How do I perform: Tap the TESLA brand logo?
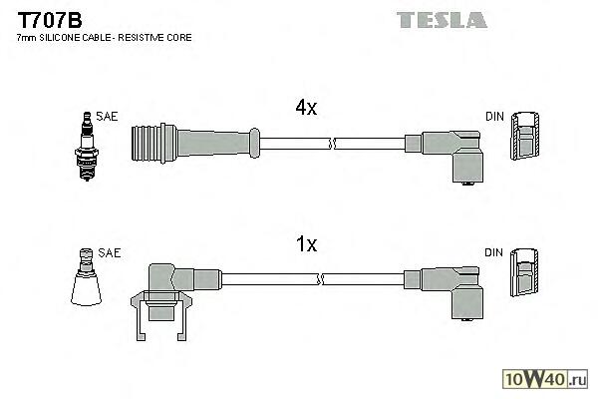(x=441, y=19)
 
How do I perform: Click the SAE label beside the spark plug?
(x=108, y=117)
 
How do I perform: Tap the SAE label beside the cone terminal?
(x=110, y=253)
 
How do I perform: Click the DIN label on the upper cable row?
(x=494, y=117)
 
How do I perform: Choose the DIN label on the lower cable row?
(x=494, y=253)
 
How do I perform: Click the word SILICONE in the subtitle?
(x=65, y=38)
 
